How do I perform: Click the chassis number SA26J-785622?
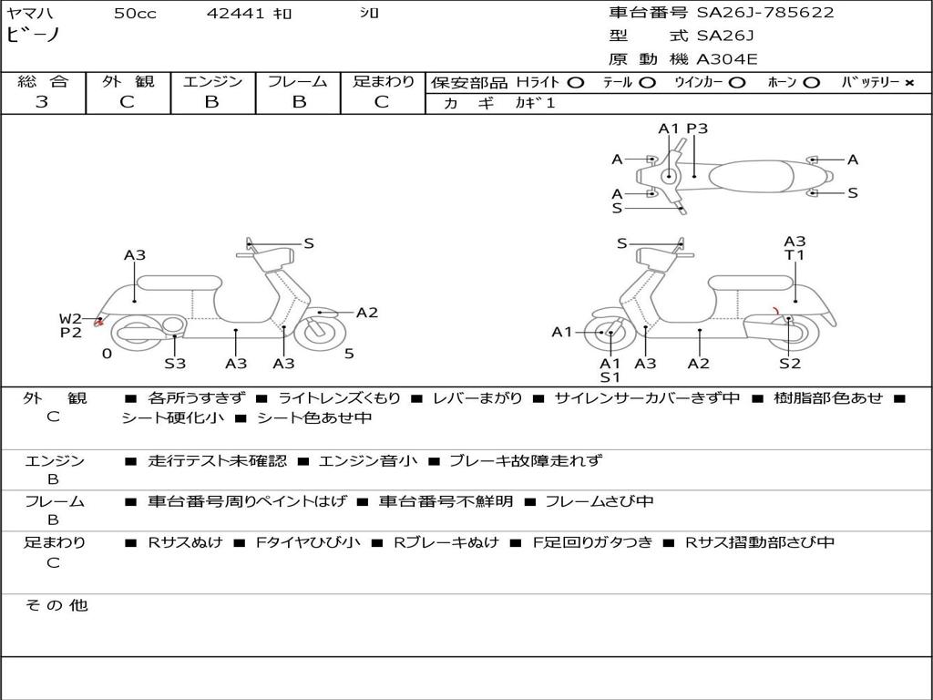(765, 13)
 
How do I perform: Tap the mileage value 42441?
(236, 14)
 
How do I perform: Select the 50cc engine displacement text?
(135, 14)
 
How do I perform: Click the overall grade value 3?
(41, 102)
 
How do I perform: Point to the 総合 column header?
(43, 82)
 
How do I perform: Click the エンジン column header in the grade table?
(212, 82)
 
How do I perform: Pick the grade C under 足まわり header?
(382, 102)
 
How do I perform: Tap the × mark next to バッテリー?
(909, 83)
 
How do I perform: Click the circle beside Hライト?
(575, 83)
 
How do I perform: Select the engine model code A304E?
(726, 59)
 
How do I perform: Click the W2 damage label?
(70, 318)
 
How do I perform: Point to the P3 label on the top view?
(697, 129)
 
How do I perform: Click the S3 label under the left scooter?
(175, 364)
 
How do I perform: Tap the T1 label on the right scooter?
(795, 255)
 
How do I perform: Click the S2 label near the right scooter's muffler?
(790, 364)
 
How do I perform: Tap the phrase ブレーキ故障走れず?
(526, 461)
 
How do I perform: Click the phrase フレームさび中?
(600, 501)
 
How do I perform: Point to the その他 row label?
(56, 605)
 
